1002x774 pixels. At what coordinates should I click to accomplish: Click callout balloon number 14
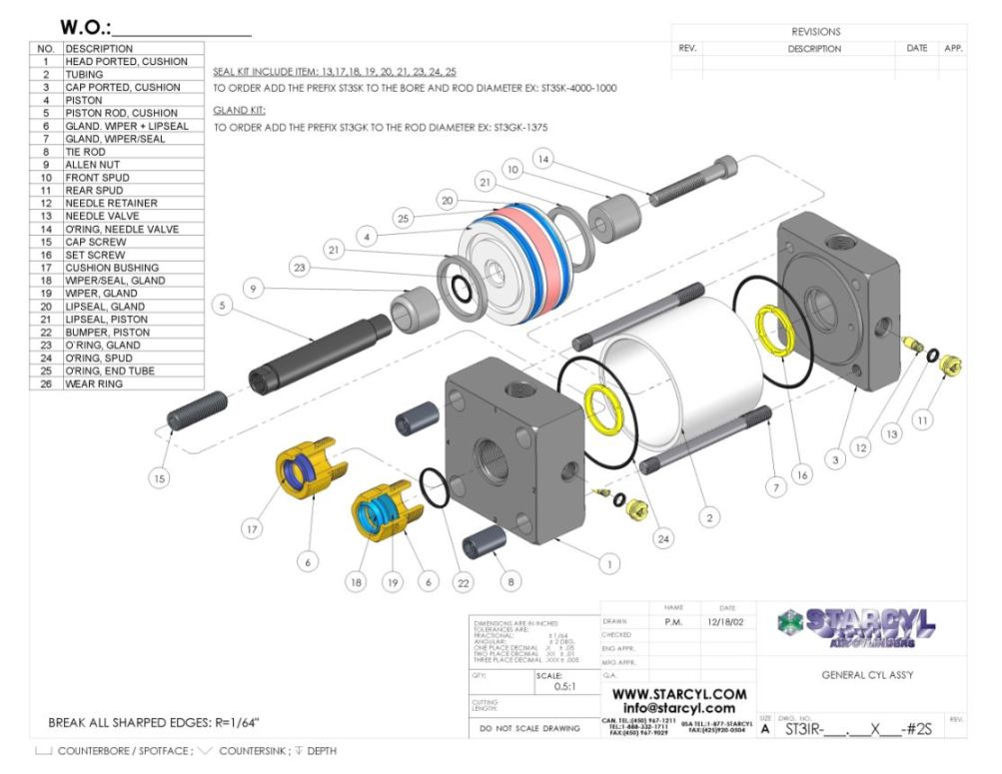pyautogui.click(x=542, y=158)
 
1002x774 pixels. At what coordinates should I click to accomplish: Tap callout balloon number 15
pyautogui.click(x=159, y=478)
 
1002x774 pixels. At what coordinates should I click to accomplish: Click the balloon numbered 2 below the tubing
pyautogui.click(x=708, y=517)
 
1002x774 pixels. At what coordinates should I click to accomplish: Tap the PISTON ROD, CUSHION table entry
pyautogui.click(x=121, y=113)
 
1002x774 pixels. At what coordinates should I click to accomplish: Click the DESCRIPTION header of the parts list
pyautogui.click(x=99, y=49)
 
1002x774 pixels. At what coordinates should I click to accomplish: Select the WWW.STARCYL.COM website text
pyautogui.click(x=678, y=693)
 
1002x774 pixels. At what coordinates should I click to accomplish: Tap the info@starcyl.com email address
pyautogui.click(x=678, y=708)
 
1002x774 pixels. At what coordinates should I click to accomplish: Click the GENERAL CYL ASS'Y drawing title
pyautogui.click(x=867, y=675)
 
